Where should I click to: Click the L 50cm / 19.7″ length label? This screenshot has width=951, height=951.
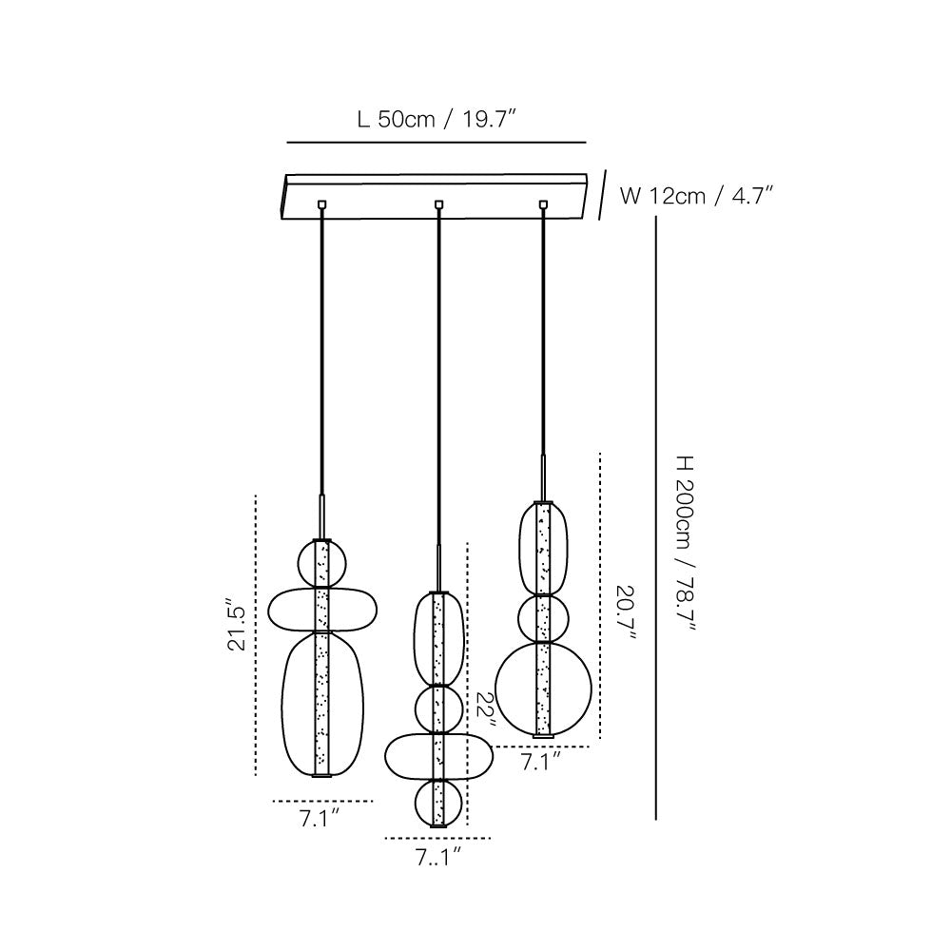pyautogui.click(x=437, y=120)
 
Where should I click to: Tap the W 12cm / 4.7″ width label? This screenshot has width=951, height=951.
pyautogui.click(x=696, y=196)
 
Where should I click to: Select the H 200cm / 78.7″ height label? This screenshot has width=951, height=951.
pyautogui.click(x=686, y=543)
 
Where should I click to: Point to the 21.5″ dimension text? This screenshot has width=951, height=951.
pyautogui.click(x=237, y=626)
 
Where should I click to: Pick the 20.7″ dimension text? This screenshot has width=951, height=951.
pyautogui.click(x=627, y=613)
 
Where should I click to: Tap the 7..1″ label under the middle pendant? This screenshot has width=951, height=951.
pyautogui.click(x=437, y=858)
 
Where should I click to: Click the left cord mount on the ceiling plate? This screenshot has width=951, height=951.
pyautogui.click(x=322, y=204)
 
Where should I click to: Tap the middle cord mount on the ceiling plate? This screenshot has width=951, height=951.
pyautogui.click(x=438, y=204)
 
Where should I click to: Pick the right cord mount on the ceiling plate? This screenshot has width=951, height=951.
pyautogui.click(x=543, y=204)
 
